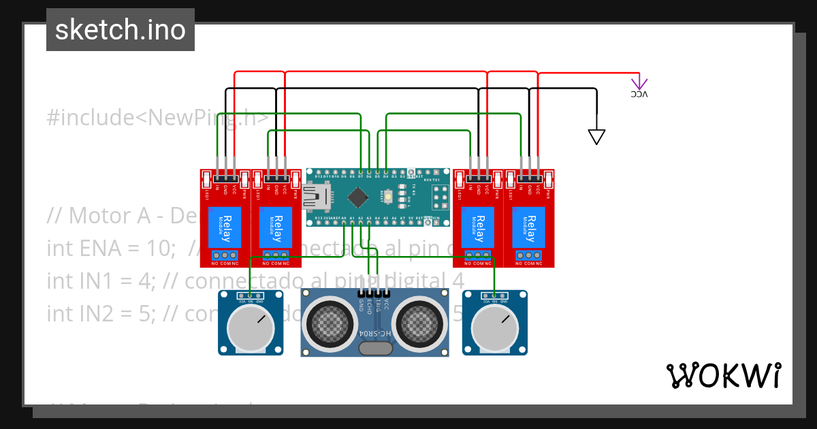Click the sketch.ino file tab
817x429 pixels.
click(121, 30)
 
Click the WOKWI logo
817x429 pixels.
click(723, 376)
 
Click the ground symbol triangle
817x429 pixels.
click(596, 137)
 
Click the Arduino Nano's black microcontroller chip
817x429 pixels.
click(358, 198)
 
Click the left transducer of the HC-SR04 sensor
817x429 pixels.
click(330, 322)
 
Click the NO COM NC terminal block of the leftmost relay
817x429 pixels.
click(225, 256)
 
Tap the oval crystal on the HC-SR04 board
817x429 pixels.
click(375, 349)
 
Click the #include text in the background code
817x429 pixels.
click(86, 118)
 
